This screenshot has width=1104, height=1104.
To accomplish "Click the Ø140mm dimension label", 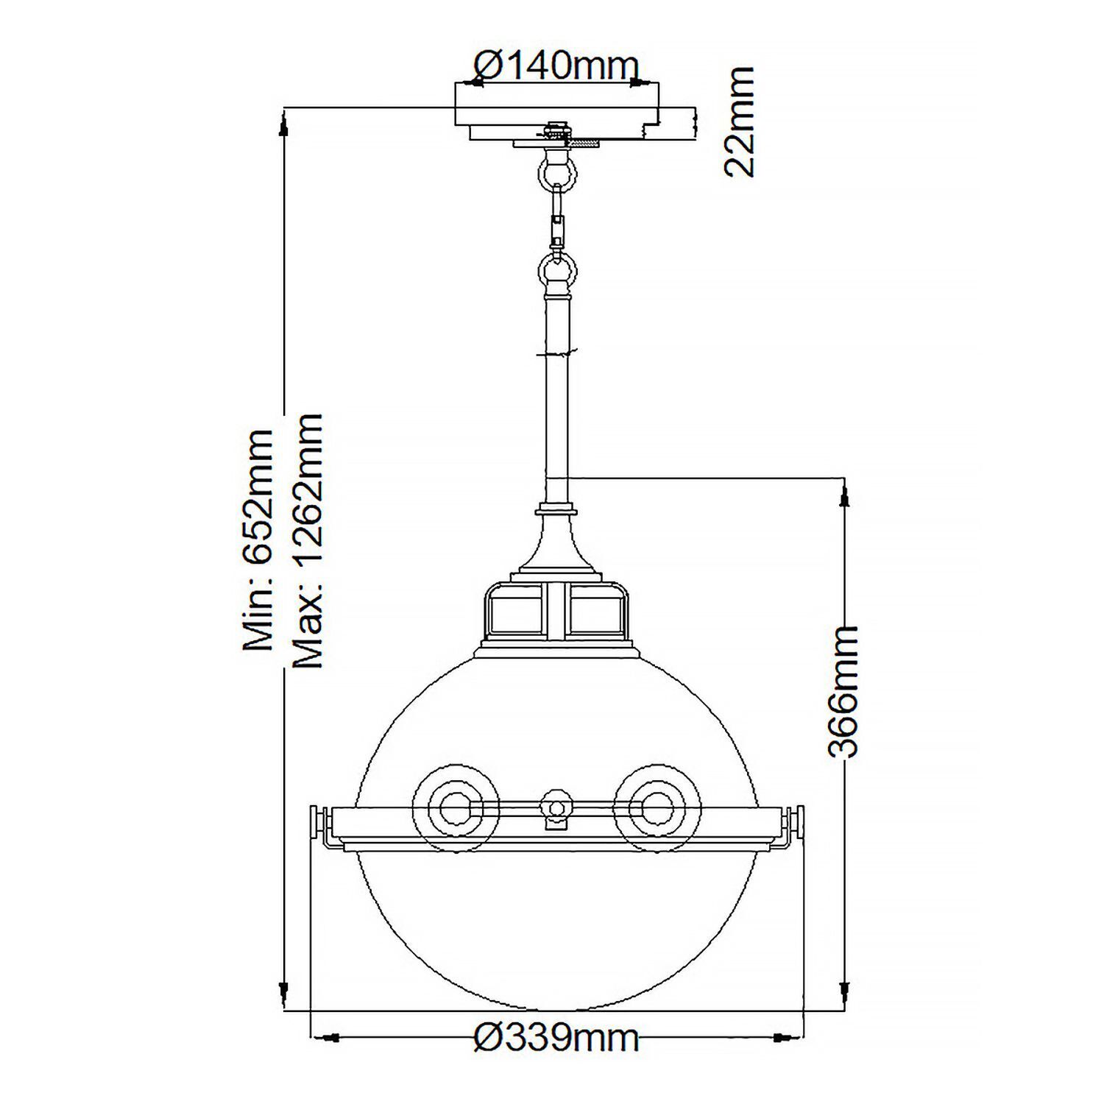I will coord(556,67).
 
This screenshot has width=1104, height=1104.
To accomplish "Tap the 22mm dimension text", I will coord(739,121).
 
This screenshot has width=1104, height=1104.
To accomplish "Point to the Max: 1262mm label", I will coord(308,541).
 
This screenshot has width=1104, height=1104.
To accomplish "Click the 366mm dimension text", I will coord(841,692).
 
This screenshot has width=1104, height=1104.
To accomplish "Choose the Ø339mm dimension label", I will coord(556,1038).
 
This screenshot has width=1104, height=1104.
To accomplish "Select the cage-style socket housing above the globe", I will coord(556,611).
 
